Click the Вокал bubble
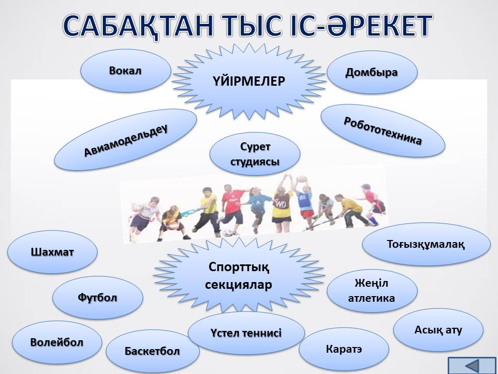(x=126, y=71)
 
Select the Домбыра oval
(x=372, y=72)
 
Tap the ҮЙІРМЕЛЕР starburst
(x=249, y=82)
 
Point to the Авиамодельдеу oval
(x=126, y=140)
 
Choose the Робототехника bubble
(x=383, y=131)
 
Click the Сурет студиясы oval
(x=255, y=154)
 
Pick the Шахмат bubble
(x=52, y=252)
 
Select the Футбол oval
(x=98, y=298)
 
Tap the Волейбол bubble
(x=57, y=342)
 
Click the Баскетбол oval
(x=153, y=351)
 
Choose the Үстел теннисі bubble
(x=246, y=333)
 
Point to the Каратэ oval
(x=344, y=349)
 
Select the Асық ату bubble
(x=438, y=330)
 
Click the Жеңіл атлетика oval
(x=372, y=291)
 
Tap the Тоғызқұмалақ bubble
(x=426, y=244)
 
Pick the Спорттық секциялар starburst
(x=239, y=275)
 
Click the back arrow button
(x=472, y=365)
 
